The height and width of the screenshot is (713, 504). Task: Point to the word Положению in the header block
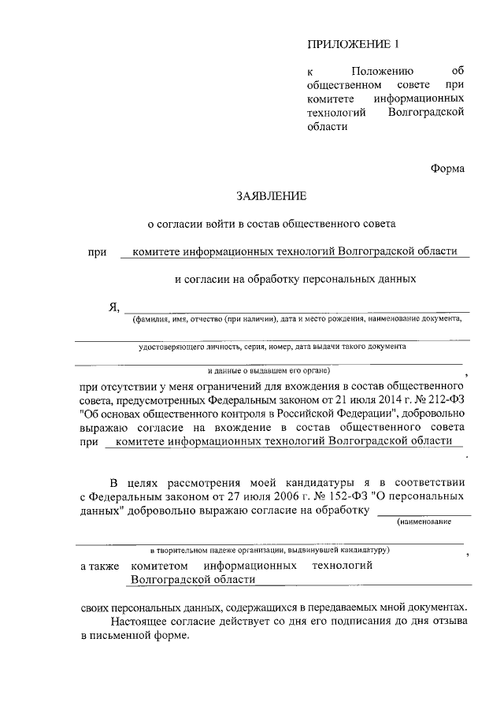(382, 72)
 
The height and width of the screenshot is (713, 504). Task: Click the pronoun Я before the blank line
(113, 307)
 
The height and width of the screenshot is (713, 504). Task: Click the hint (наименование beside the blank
(435, 522)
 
